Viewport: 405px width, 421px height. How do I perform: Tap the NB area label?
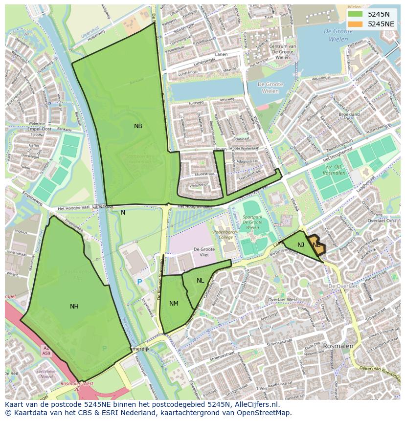(138, 126)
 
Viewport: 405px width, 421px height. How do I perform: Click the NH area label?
(74, 307)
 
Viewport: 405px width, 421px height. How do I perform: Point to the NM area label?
(174, 304)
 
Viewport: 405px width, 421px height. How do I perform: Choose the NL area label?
(201, 281)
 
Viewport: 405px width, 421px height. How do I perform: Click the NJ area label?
(301, 244)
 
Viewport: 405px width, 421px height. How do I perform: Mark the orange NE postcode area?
(317, 246)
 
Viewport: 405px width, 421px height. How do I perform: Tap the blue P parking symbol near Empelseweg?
(139, 282)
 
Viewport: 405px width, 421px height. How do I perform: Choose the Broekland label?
(349, 114)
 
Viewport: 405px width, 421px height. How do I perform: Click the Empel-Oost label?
(40, 129)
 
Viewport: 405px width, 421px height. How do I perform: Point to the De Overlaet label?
(344, 286)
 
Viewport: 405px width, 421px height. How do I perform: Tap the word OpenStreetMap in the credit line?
(266, 413)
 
